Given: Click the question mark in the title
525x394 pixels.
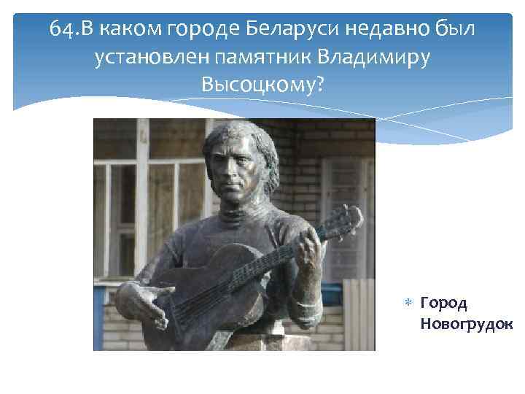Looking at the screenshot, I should (x=318, y=85).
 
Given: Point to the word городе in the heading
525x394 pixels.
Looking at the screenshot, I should (x=199, y=30).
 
